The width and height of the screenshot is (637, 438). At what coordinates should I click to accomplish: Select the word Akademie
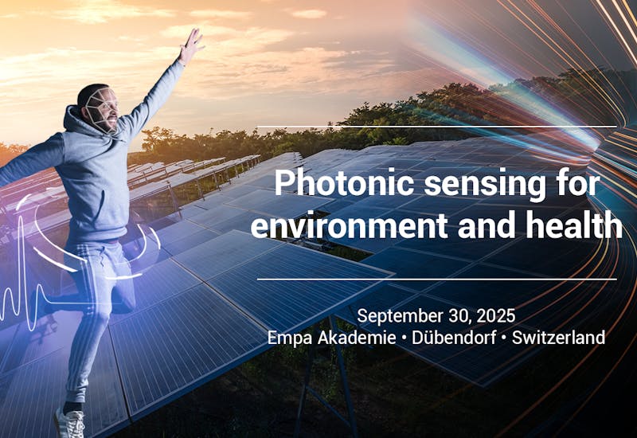(354, 338)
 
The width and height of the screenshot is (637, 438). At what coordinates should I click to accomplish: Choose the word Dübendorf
(452, 338)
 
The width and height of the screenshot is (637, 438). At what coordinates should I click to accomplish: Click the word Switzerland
(558, 338)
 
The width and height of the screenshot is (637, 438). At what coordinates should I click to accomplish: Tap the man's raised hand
(191, 44)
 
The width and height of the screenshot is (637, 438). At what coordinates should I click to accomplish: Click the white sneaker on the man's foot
(70, 423)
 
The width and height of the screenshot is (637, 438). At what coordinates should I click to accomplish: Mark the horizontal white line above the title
(436, 127)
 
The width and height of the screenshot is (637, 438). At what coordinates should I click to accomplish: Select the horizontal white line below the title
(436, 280)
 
